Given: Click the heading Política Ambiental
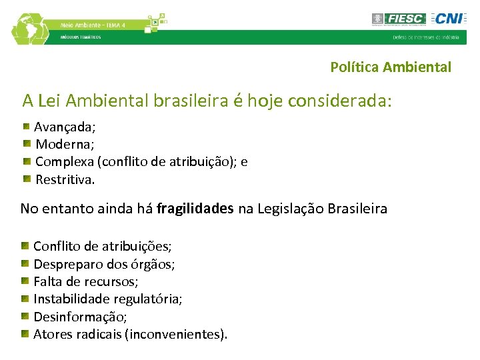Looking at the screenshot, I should (391, 67).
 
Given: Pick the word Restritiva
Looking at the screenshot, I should (65, 179).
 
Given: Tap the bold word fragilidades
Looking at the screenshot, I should (195, 209).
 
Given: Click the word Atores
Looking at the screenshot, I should (51, 333).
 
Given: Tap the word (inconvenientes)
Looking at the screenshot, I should (176, 333).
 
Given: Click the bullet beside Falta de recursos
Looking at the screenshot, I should (25, 281).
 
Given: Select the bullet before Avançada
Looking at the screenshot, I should (25, 125).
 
